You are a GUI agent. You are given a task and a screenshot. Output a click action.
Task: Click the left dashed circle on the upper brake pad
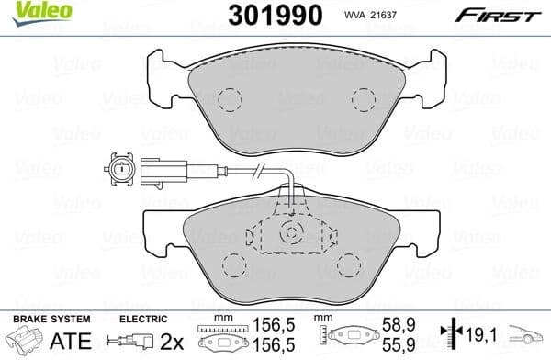click(x=229, y=98)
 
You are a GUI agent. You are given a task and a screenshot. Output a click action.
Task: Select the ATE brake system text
click(x=36, y=343)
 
